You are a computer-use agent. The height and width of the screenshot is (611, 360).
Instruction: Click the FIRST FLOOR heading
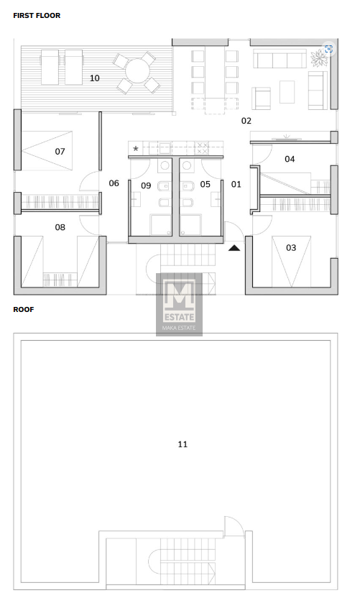coord(37,16)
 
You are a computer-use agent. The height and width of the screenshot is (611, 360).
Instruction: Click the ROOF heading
coord(24,309)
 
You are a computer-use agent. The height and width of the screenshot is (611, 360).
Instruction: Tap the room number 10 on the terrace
coord(95,78)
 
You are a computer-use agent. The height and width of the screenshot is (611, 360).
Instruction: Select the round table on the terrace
coord(137,71)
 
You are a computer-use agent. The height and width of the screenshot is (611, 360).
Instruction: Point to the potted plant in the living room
coord(319,58)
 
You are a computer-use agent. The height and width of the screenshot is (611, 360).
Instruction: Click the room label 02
coord(246,121)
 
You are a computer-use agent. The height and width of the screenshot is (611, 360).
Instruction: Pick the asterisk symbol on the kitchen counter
coord(136,149)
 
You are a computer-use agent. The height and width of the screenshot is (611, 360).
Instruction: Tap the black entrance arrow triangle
coord(234,248)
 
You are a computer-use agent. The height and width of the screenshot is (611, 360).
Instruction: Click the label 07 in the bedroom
coord(60,151)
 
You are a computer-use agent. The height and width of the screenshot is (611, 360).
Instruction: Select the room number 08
coord(60,227)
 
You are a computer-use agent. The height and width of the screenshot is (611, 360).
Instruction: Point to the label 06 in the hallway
coord(114,183)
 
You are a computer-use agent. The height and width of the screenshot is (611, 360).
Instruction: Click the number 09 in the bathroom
coord(146,185)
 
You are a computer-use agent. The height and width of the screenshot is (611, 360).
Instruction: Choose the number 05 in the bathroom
coord(206,184)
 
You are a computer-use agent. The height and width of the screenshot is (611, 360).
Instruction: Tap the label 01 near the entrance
coord(236,184)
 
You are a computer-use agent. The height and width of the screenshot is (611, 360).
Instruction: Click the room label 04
coord(290,159)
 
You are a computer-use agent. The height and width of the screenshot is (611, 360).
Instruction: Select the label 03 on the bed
coord(291,247)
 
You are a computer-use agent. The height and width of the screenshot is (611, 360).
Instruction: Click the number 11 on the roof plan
coord(183,444)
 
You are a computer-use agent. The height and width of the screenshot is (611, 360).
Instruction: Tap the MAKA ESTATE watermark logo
coord(179,304)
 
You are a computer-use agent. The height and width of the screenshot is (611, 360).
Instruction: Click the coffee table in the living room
coord(287,92)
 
